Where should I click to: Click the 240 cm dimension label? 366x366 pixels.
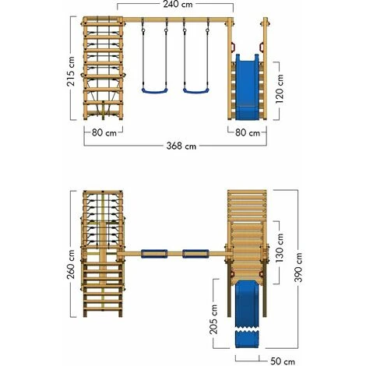click(178, 5)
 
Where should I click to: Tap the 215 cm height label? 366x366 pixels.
click(70, 72)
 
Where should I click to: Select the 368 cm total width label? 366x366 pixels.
click(181, 146)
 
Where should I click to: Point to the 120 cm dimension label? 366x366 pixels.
click(280, 89)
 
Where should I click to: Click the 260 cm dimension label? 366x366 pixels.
click(70, 264)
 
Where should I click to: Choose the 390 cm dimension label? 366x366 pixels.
click(298, 267)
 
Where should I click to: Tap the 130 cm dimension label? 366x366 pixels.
click(280, 248)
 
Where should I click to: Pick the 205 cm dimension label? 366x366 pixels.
click(213, 319)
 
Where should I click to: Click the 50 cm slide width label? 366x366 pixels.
click(283, 361)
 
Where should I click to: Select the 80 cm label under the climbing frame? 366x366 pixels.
click(104, 133)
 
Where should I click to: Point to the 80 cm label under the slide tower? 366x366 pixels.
click(248, 133)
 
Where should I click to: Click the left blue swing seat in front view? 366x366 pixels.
click(154, 90)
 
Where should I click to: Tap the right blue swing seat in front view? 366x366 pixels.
click(196, 90)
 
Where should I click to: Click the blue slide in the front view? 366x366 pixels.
click(247, 87)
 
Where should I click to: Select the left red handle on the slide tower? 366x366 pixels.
click(233, 47)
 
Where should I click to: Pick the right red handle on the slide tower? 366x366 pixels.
click(262, 47)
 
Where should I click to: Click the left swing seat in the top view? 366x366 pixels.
click(154, 254)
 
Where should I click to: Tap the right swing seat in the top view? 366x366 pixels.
click(195, 254)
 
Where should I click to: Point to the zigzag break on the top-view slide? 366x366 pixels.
click(247, 330)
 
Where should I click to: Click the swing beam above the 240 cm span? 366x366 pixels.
click(177, 19)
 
